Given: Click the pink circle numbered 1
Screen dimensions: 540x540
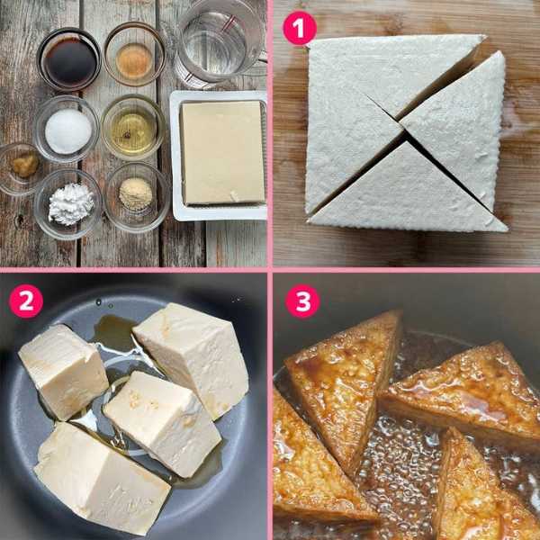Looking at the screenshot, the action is (x=300, y=28).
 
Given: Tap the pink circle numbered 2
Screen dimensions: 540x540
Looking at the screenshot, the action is (x=26, y=301).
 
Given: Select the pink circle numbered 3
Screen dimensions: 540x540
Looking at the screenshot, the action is (x=302, y=301).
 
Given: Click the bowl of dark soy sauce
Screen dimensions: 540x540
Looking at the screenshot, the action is (x=69, y=59).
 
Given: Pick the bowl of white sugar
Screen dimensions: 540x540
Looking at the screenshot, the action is (x=67, y=129).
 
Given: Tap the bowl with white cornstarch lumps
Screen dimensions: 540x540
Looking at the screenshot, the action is (x=68, y=204).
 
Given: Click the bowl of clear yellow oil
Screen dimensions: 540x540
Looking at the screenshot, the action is (x=133, y=128).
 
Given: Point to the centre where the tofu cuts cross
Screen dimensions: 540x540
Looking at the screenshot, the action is (x=403, y=129).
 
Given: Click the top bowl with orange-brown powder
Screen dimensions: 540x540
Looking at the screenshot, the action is (x=135, y=54).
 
